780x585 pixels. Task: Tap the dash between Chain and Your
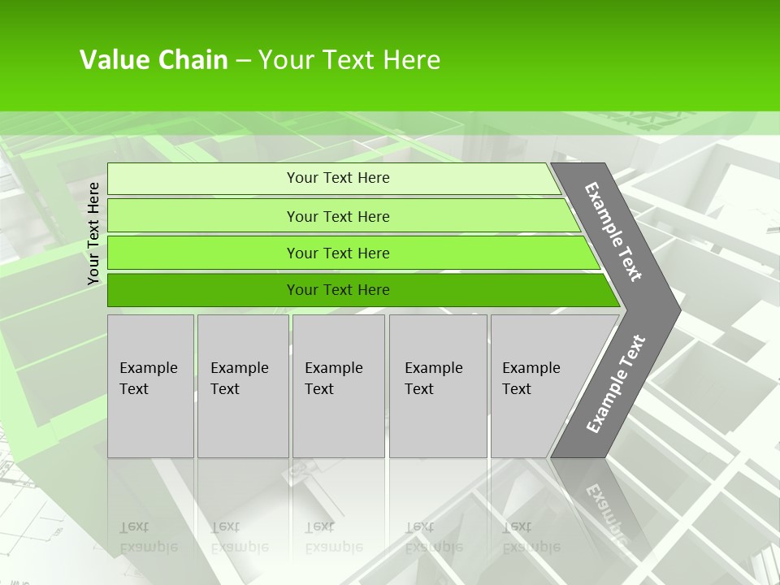coord(243,61)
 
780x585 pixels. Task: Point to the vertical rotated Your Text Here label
coord(93,233)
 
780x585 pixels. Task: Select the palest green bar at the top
coord(337,178)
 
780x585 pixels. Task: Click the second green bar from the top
coord(337,216)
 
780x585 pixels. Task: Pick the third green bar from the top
coord(337,253)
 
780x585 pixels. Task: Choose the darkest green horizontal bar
coord(337,290)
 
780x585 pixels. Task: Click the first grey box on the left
coord(150,386)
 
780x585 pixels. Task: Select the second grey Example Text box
coord(243,386)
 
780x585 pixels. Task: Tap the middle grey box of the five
coord(338,386)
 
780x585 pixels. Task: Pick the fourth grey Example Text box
coord(438,386)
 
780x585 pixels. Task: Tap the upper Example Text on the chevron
coord(613,232)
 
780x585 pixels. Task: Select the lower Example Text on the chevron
coord(616,383)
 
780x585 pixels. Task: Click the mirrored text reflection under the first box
coord(149,537)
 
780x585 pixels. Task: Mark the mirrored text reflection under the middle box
coord(334,537)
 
